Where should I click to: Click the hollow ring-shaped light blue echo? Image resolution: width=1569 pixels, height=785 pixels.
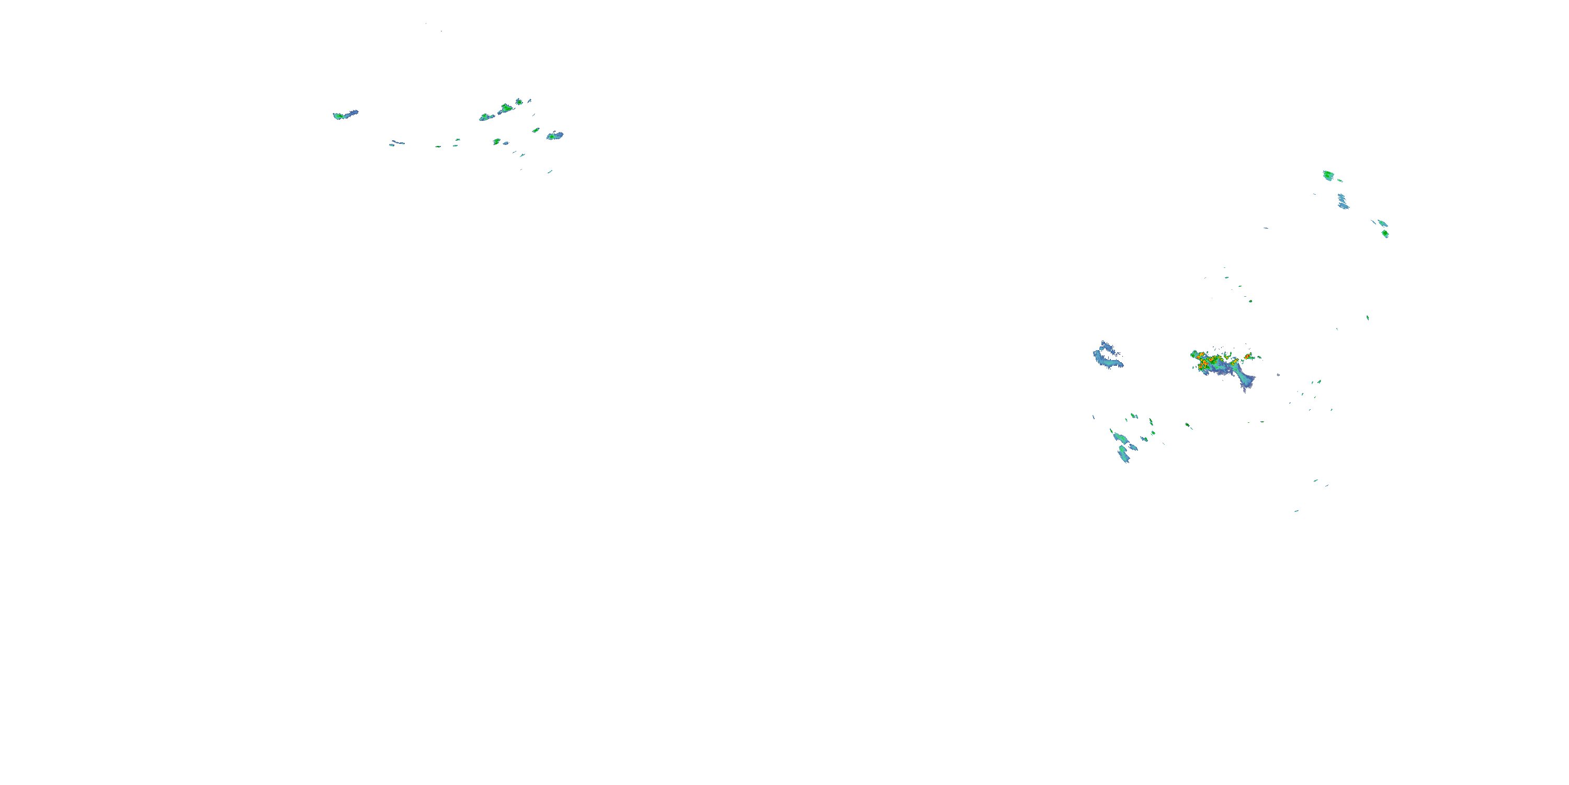pos(1107,356)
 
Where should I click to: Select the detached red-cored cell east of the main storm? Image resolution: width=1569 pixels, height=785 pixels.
pos(1248,356)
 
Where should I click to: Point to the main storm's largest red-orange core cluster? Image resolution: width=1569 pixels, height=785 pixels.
pos(1204,363)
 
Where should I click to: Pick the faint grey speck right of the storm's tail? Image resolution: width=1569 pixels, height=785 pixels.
pos(1278,375)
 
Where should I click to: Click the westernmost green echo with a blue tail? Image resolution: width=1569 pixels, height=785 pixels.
pos(345,115)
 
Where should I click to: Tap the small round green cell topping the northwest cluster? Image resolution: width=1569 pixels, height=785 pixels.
pos(519,101)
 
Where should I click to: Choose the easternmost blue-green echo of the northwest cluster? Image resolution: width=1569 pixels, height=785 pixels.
pos(554,136)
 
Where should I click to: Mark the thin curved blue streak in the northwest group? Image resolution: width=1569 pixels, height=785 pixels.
pos(397,143)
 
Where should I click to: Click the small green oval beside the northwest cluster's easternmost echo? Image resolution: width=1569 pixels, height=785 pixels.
pos(536,130)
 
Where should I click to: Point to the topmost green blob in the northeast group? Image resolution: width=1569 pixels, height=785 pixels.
pos(1328,175)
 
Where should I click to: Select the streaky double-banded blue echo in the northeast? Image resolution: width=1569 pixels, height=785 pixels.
pos(1343,201)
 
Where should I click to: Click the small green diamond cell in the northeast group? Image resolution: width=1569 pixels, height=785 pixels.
pos(1385,233)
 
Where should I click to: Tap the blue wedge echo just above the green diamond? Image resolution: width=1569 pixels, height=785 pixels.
pos(1382,223)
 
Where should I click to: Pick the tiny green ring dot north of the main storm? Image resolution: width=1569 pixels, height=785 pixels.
pos(1250,300)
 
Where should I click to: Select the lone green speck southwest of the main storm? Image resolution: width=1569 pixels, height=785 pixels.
pos(1187,425)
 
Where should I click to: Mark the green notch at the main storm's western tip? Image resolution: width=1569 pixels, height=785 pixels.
pos(1192,354)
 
